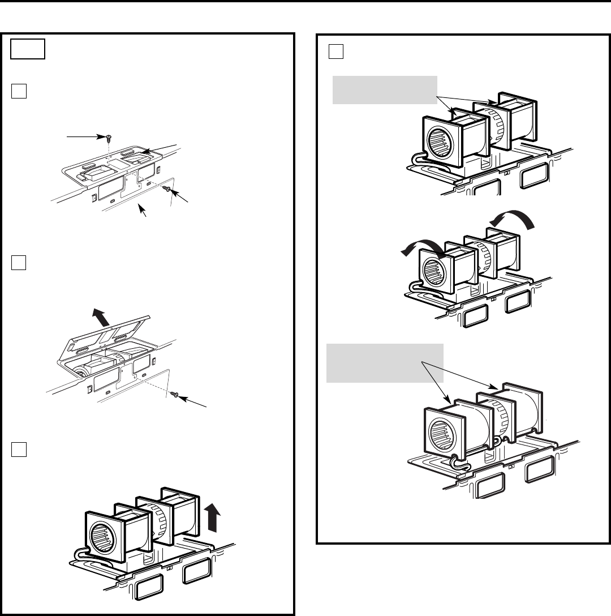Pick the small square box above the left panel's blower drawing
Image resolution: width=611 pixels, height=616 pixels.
coord(19,447)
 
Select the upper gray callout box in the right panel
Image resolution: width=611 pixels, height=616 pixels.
coord(385,89)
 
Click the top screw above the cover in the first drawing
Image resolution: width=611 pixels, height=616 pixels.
coord(107,138)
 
